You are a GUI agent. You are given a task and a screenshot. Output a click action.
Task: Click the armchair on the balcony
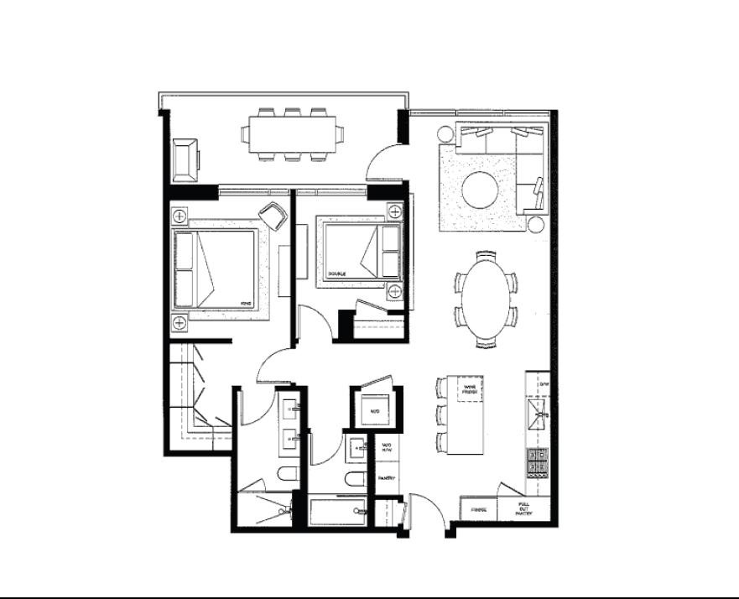[x=185, y=159]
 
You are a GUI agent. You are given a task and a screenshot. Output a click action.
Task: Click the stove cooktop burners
[x=536, y=461]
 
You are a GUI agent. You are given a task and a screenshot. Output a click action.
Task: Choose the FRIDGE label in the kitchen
[x=479, y=509]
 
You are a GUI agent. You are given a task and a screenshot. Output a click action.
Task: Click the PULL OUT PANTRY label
[x=523, y=508]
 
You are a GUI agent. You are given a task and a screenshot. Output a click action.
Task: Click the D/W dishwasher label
[x=543, y=385]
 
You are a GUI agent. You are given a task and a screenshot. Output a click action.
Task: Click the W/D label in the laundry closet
[x=375, y=411]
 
